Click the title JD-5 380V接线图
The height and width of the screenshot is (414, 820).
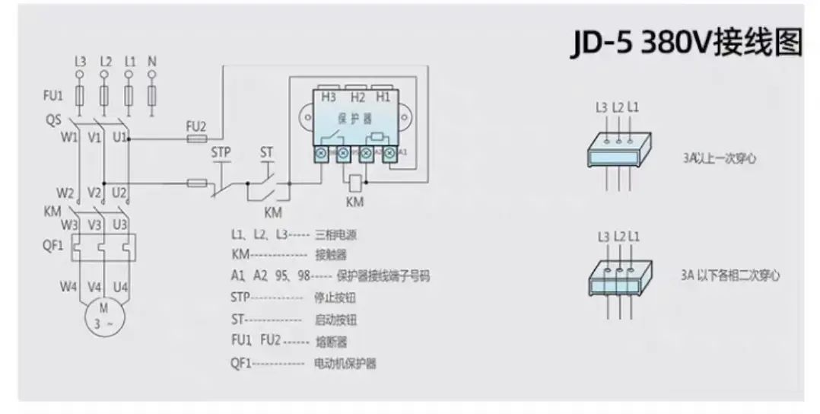click(686, 43)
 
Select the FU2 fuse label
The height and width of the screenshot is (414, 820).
click(196, 126)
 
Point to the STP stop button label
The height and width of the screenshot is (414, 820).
click(221, 152)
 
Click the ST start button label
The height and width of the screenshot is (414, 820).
click(266, 152)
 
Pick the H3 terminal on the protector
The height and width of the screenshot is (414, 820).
click(329, 97)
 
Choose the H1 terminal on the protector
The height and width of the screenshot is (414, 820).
click(383, 97)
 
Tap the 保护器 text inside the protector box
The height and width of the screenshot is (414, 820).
click(356, 119)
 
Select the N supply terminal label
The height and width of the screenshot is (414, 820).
click(151, 60)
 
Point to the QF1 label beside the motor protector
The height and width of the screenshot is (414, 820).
click(52, 246)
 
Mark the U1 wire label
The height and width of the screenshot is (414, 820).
click(119, 138)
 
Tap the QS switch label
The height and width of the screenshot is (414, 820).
click(52, 119)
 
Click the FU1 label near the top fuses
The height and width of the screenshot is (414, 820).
click(52, 96)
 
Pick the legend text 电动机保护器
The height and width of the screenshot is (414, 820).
click(345, 364)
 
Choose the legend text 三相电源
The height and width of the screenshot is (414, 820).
click(331, 235)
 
